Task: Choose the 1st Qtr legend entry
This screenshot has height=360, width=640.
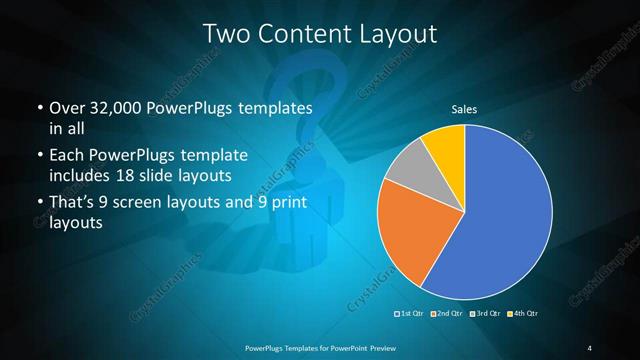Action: [411, 314]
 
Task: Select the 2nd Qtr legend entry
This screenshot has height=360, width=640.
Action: [446, 314]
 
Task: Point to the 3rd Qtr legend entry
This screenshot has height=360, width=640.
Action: [485, 314]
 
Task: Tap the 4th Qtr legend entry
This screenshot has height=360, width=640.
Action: [523, 314]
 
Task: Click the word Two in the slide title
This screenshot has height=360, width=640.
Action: [225, 33]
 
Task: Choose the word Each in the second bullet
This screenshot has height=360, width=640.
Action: [68, 156]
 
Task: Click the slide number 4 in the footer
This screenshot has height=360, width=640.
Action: [589, 347]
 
